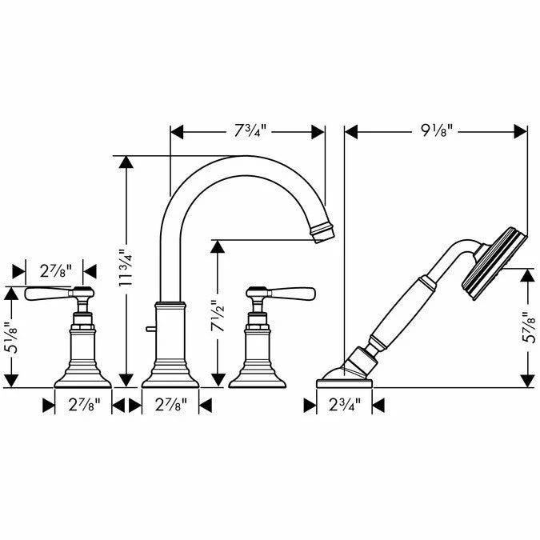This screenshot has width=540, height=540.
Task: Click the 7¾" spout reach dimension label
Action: pos(250,131)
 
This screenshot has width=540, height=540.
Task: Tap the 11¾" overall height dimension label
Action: pos(126,267)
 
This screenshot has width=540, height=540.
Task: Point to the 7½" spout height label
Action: pos(218,316)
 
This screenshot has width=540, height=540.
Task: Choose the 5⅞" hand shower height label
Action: pos(528,327)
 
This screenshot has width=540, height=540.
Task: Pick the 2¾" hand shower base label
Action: pos(345,405)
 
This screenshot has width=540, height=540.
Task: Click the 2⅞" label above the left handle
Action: pos(56,271)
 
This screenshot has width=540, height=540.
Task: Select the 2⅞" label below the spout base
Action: pos(171,405)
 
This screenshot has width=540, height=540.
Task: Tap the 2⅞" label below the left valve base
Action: pos(84,405)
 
